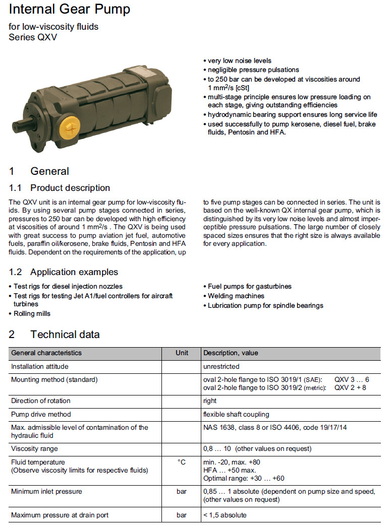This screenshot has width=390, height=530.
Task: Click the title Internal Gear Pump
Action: [x=70, y=9]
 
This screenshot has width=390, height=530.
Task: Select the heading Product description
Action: [x=70, y=188]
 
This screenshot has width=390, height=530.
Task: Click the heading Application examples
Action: [x=74, y=272]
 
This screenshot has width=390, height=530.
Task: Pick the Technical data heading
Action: [x=65, y=335]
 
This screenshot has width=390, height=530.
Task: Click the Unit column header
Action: [x=182, y=353]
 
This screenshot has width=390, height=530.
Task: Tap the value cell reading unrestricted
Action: [x=221, y=366]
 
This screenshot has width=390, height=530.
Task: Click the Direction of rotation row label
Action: [x=41, y=401]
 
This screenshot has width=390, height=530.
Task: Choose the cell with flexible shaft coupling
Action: [x=236, y=414]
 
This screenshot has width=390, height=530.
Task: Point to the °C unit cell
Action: [x=182, y=462]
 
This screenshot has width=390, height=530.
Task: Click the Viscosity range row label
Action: [x=34, y=448]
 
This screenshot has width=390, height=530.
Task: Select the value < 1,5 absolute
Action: [x=225, y=515]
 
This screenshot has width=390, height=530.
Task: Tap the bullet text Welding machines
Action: [x=236, y=296]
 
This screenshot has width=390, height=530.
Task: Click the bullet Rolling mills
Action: [x=32, y=313]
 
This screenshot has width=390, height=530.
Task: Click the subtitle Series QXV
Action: [x=30, y=37]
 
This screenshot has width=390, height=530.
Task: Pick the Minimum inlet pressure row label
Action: [x=46, y=491]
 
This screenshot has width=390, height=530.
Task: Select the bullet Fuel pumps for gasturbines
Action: [x=249, y=286]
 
